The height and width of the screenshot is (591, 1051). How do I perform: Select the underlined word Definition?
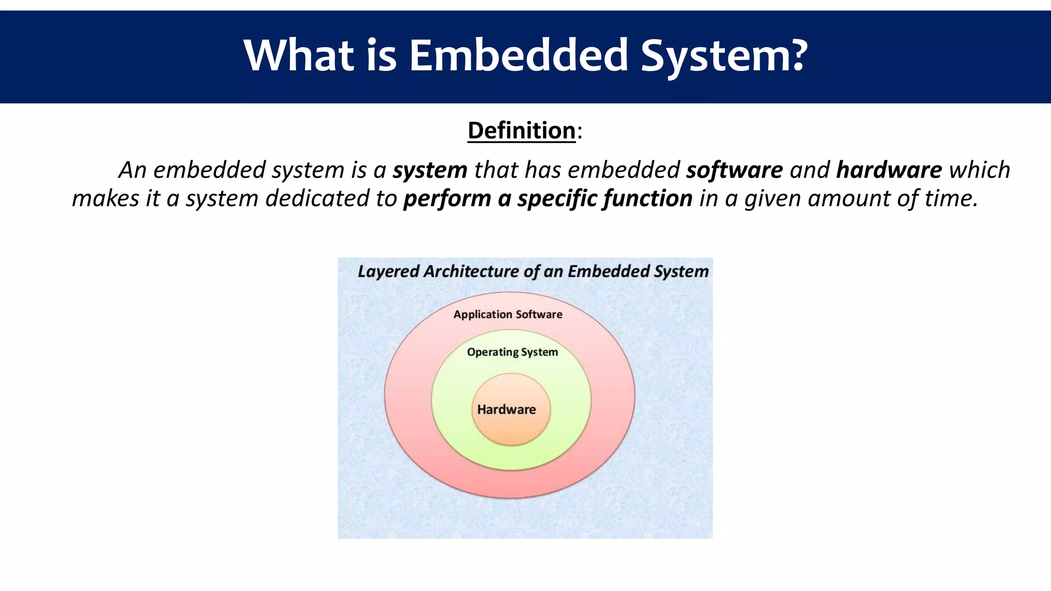[521, 130]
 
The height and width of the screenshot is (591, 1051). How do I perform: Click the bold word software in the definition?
[734, 170]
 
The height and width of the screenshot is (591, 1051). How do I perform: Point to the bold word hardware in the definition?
[889, 170]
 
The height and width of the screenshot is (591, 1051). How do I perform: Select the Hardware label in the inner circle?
[507, 409]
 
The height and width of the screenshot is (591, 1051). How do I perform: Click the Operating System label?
[512, 352]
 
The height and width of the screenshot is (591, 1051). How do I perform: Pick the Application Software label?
[508, 314]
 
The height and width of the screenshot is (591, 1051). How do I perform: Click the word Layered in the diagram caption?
[388, 271]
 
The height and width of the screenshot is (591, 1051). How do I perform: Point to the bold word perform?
[447, 199]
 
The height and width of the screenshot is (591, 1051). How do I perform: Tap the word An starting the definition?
[132, 170]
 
